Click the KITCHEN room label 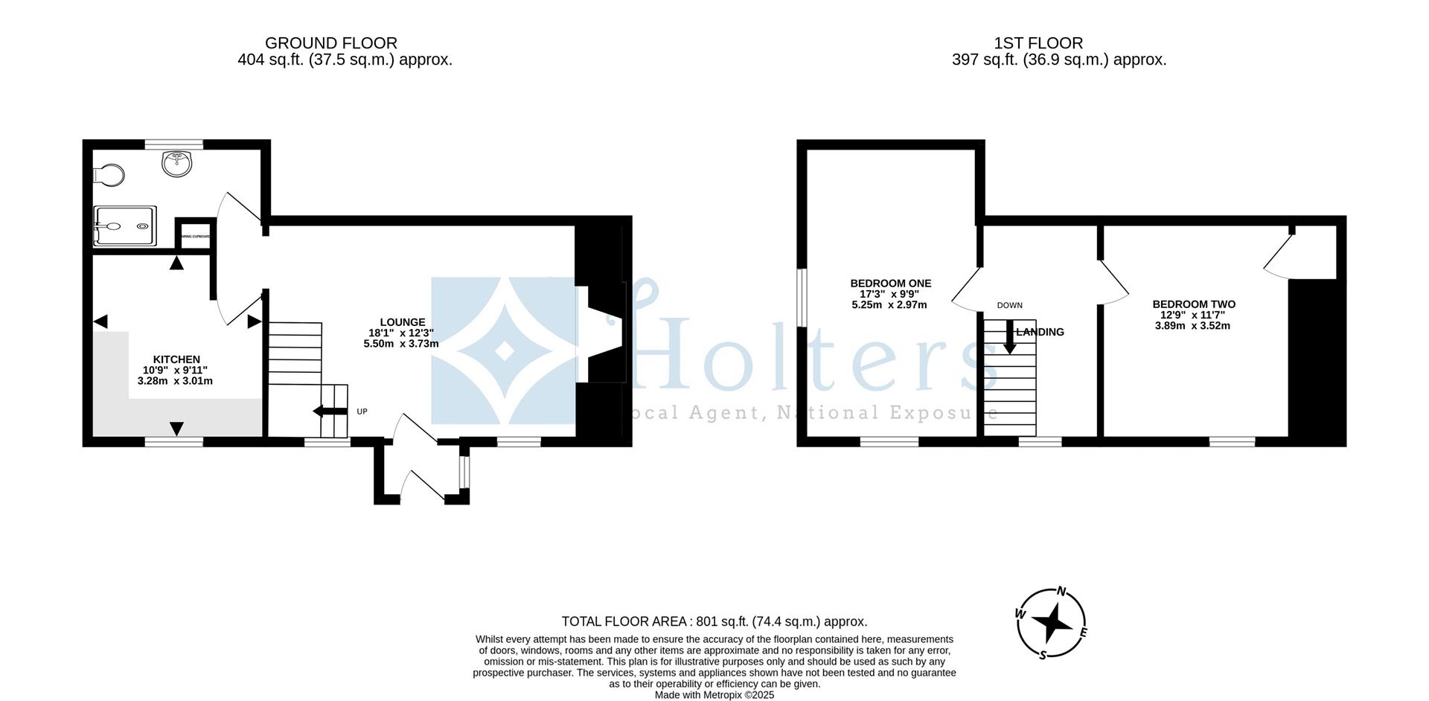tap(176, 359)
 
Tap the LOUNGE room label tap(400, 322)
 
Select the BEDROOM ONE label tap(890, 284)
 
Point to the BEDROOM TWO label tap(1193, 304)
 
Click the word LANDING tap(1040, 333)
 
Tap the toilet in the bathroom tap(109, 176)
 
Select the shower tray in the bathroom tap(124, 226)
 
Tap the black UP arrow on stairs tap(330, 412)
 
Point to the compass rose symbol tap(1052, 624)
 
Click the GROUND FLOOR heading tap(330, 43)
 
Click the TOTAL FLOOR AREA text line tap(714, 621)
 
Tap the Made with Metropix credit tap(714, 695)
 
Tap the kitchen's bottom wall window tap(173, 442)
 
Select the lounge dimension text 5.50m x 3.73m tap(400, 344)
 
